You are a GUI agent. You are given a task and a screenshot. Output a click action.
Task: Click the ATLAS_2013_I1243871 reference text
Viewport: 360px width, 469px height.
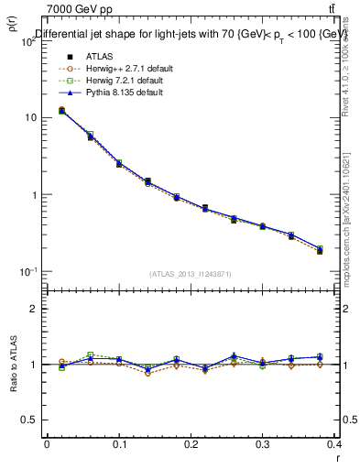[x=191, y=273]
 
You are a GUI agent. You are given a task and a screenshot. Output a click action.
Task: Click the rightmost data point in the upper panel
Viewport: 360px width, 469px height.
[x=320, y=250]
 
